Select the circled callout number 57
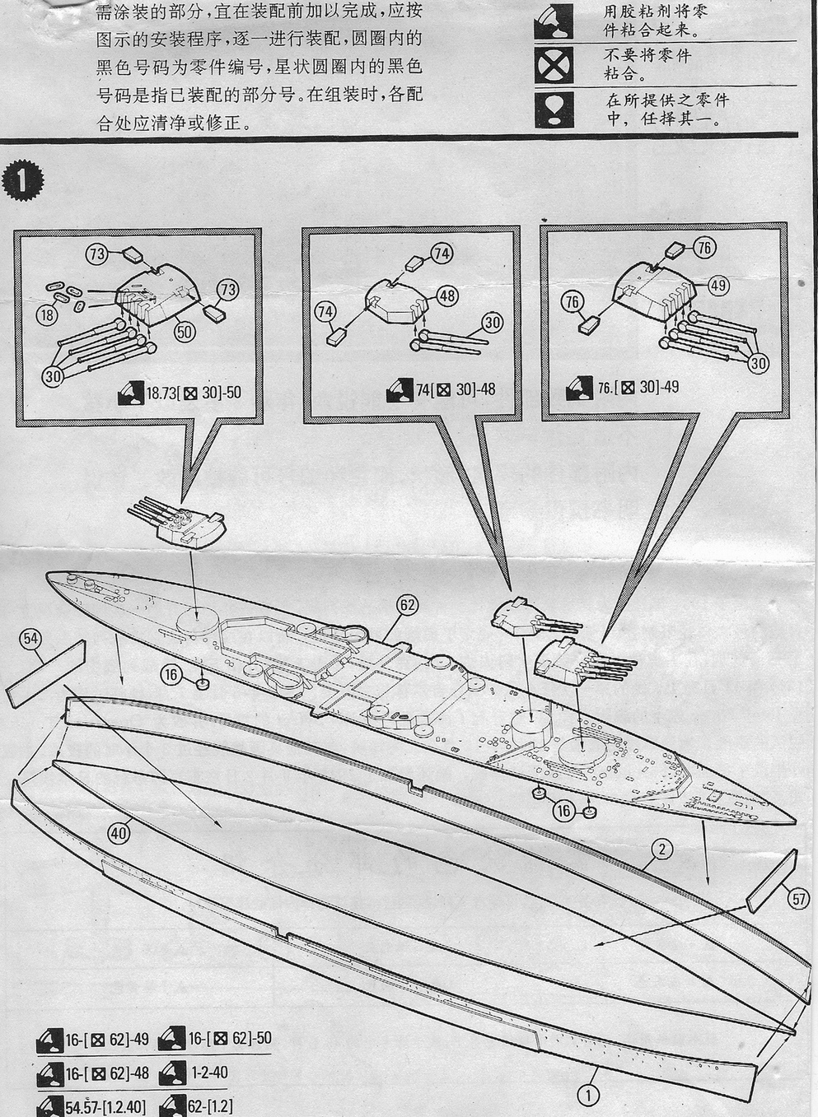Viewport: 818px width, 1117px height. (798, 899)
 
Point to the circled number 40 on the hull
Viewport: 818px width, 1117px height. (119, 832)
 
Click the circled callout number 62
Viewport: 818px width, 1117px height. (406, 605)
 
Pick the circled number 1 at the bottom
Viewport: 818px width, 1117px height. (588, 1095)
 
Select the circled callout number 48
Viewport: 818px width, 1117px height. (448, 295)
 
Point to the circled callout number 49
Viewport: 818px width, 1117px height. (718, 285)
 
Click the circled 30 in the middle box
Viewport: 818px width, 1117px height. (493, 323)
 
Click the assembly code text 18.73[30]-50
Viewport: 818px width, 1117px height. (193, 393)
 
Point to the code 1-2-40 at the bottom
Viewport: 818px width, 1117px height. (208, 1073)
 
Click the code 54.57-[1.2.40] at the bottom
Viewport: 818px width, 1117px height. (105, 1105)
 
